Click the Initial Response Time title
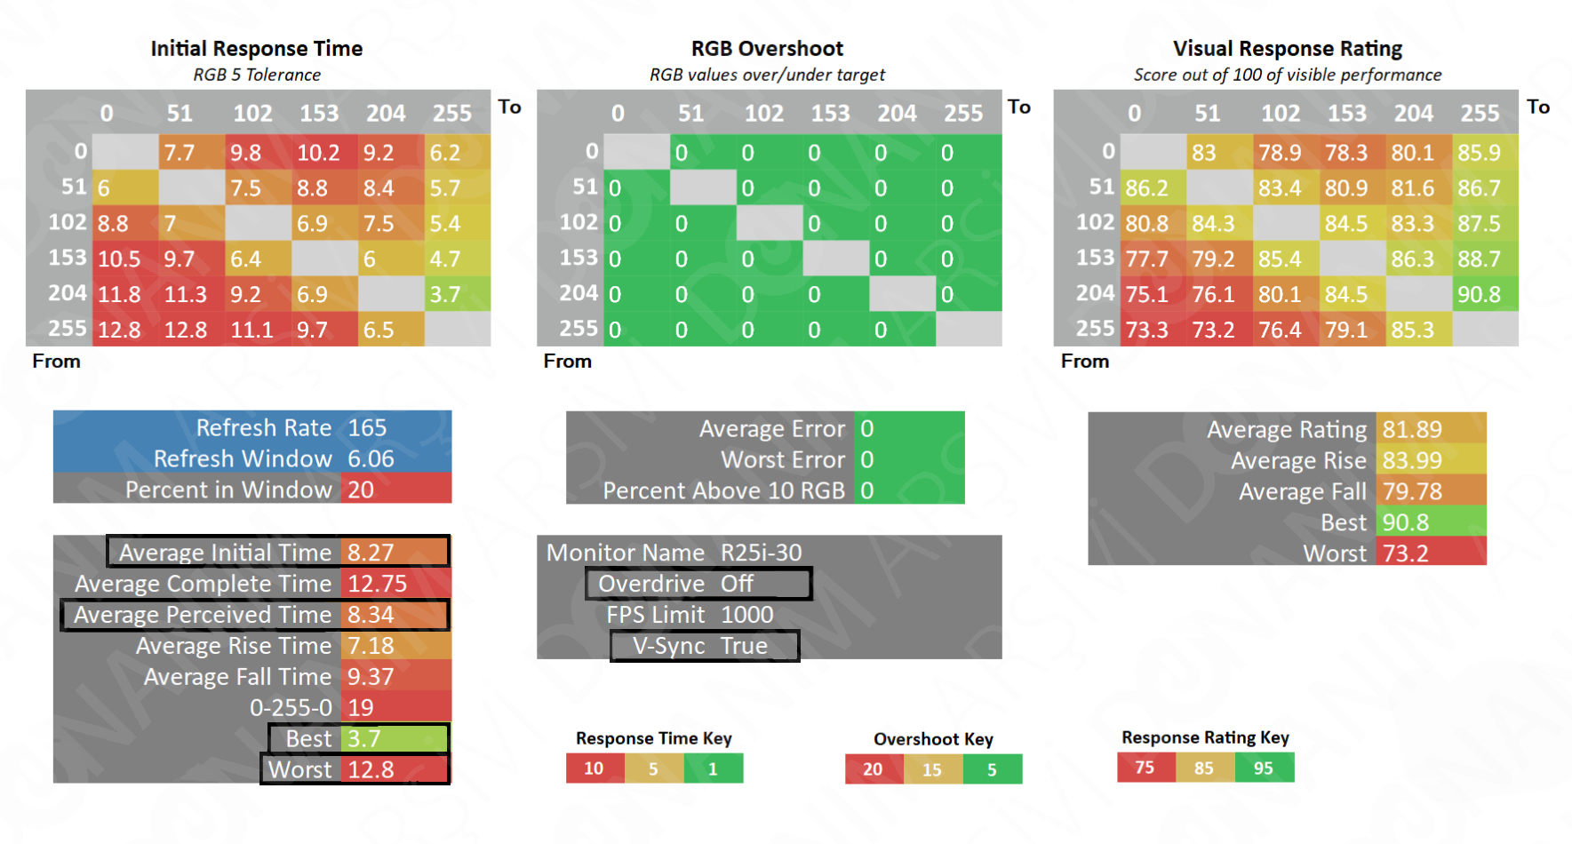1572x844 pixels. click(x=256, y=49)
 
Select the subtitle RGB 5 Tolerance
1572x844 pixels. click(x=257, y=75)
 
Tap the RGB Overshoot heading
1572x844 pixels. click(x=767, y=49)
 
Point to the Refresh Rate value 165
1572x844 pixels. click(x=367, y=427)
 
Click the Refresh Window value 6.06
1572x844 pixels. click(x=371, y=458)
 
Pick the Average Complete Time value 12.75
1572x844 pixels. click(x=377, y=584)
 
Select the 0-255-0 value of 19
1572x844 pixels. click(x=360, y=707)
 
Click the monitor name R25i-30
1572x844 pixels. click(x=761, y=553)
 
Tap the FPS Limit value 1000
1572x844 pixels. click(x=746, y=615)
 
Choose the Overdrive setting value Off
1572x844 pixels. click(x=737, y=584)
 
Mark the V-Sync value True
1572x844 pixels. click(x=744, y=646)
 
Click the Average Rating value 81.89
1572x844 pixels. click(x=1412, y=429)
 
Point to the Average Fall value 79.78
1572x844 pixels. click(x=1412, y=491)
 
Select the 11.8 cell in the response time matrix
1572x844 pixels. click(x=119, y=294)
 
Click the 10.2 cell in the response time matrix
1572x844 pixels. click(x=318, y=153)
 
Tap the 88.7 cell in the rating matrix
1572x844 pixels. click(x=1479, y=259)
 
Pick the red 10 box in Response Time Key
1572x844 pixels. click(x=594, y=768)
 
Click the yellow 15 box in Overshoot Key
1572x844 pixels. click(x=931, y=769)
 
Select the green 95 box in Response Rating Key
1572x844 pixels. click(x=1263, y=768)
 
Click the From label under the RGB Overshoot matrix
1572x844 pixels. click(x=567, y=362)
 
